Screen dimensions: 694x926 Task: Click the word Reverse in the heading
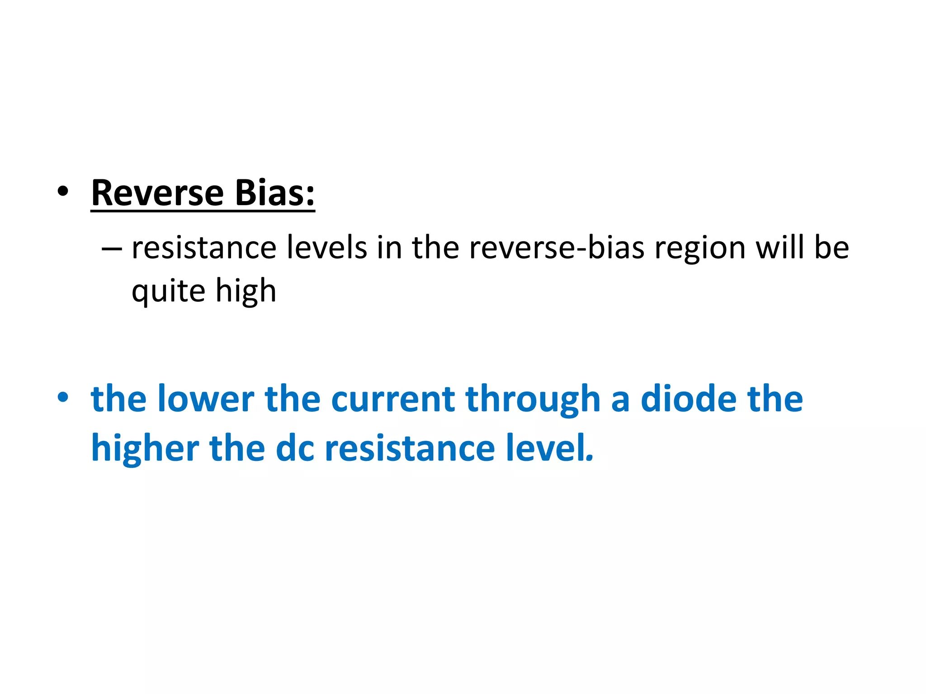click(x=157, y=193)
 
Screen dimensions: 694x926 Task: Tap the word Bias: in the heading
click(x=274, y=193)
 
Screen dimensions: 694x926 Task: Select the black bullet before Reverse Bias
click(x=63, y=192)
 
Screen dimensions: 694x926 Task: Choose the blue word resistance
click(x=410, y=448)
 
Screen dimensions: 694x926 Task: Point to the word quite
click(x=168, y=291)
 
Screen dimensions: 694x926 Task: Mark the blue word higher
click(x=145, y=448)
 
